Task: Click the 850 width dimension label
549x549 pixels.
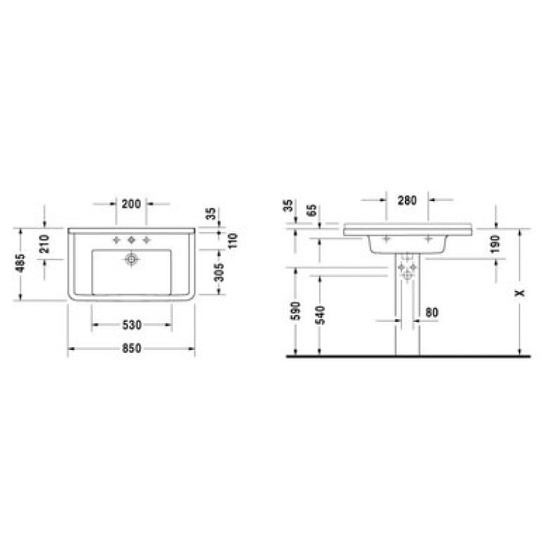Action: pyautogui.click(x=132, y=349)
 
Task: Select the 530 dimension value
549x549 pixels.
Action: pyautogui.click(x=132, y=325)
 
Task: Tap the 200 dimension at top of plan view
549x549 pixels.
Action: pyautogui.click(x=131, y=204)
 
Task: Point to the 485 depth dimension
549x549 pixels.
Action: pyautogui.click(x=21, y=263)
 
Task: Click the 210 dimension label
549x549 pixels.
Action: pyautogui.click(x=45, y=244)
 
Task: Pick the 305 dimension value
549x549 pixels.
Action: pyautogui.click(x=219, y=272)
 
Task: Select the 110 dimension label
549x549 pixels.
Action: pyautogui.click(x=233, y=241)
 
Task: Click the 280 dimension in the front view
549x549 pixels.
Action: pyautogui.click(x=408, y=200)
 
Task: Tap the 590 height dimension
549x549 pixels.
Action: pyautogui.click(x=296, y=311)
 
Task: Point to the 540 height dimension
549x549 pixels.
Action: pyautogui.click(x=320, y=315)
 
